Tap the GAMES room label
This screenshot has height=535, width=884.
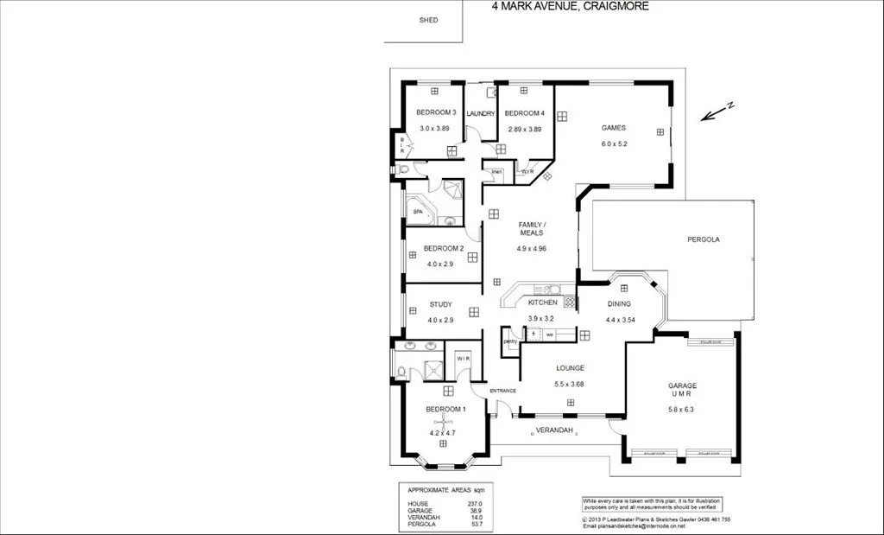(614, 128)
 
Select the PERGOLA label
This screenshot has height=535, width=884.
(703, 239)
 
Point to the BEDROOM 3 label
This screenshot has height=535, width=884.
(436, 113)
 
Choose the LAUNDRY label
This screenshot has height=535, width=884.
(481, 114)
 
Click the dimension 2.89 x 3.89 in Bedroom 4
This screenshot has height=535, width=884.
(524, 129)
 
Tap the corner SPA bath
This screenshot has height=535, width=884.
(418, 211)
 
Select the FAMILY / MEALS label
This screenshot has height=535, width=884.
(532, 229)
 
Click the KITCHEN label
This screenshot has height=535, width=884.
(542, 303)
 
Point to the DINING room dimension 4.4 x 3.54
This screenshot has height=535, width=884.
(619, 319)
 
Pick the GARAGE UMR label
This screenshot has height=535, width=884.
(682, 390)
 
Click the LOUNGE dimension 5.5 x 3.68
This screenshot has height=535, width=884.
(571, 384)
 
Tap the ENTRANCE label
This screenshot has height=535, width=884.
(502, 391)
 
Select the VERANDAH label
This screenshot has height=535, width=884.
(554, 430)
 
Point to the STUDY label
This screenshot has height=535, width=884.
(441, 304)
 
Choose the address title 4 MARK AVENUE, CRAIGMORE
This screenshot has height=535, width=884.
(570, 6)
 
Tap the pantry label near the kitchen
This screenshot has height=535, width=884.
(510, 341)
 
